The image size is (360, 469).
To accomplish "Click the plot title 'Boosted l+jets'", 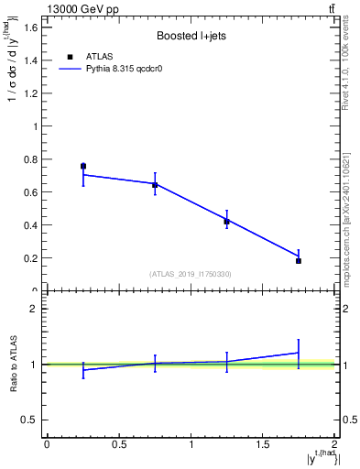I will pyautogui.click(x=191, y=37).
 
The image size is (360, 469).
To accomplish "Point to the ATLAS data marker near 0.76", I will pyautogui.click(x=83, y=166).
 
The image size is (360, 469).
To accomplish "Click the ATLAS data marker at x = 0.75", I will pyautogui.click(x=155, y=185).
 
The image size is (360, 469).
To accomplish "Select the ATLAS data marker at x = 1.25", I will pyautogui.click(x=227, y=222).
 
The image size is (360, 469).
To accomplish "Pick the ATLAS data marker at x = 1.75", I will pyautogui.click(x=299, y=261).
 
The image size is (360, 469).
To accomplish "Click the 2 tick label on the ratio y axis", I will pyautogui.click(x=33, y=309).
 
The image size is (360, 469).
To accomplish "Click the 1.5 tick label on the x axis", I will pyautogui.click(x=263, y=445).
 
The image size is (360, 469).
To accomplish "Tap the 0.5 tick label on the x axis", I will pyautogui.click(x=119, y=445).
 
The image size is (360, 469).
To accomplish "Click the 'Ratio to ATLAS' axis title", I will pyautogui.click(x=13, y=364).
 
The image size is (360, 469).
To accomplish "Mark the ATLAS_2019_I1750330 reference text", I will pyautogui.click(x=191, y=274).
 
